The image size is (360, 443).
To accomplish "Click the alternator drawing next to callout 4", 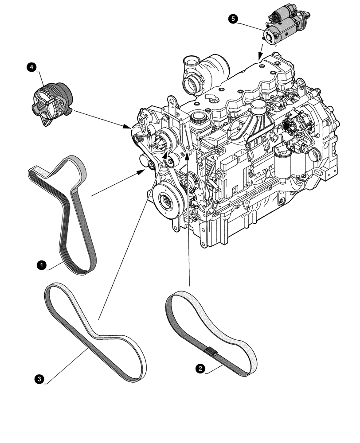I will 52,102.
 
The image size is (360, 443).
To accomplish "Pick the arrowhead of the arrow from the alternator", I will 129,128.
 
